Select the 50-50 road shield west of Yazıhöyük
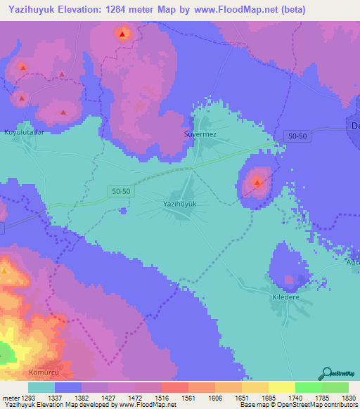[121, 190]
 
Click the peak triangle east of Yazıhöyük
[258, 184]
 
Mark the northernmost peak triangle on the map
[123, 34]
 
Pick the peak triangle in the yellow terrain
[5, 271]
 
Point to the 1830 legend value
[337, 398]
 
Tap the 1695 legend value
[259, 398]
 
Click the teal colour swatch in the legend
[41, 387]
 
